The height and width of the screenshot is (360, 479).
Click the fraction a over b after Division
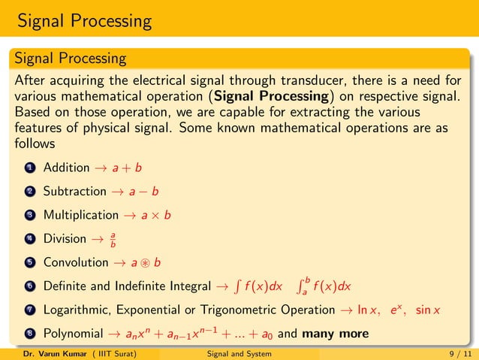pos(113,240)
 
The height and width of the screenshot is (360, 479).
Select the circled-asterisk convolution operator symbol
pos(149,264)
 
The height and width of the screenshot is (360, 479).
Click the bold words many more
pos(339,333)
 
